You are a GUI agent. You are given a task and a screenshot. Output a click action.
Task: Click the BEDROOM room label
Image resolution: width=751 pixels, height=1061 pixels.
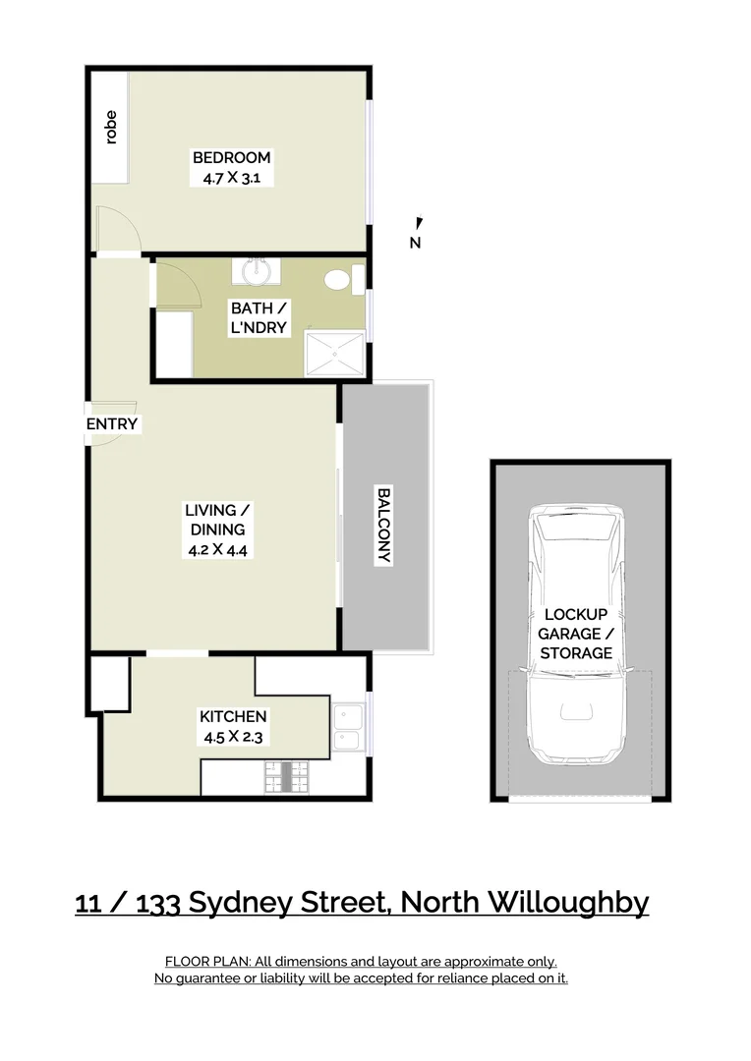pos(231,157)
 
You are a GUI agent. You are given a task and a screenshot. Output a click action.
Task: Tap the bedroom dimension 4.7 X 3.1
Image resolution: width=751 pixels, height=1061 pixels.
pos(231,179)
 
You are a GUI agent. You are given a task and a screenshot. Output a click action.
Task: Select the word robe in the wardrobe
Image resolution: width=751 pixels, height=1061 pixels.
pos(110,127)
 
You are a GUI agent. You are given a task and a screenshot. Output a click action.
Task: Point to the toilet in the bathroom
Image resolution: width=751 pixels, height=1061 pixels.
pos(339,279)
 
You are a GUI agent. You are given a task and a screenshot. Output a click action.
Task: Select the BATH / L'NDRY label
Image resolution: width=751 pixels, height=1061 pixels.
pos(260,318)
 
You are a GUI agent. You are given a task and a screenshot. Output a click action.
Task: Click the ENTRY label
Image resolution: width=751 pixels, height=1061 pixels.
pos(112,424)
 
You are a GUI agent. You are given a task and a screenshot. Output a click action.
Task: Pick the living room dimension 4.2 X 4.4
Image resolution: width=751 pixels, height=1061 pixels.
pos(217,550)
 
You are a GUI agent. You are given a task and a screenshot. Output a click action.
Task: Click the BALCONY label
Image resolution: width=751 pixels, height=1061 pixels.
pos(383,526)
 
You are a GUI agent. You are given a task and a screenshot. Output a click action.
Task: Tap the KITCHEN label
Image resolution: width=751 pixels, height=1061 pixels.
pos(233,717)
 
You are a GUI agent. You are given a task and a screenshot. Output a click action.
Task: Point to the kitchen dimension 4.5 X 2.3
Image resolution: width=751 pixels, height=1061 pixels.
pos(233,738)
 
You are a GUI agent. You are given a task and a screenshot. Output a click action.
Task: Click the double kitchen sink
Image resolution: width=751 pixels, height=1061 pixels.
pos(347,728)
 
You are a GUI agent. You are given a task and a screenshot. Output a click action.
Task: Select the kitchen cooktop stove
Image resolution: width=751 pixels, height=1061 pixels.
pos(287,777)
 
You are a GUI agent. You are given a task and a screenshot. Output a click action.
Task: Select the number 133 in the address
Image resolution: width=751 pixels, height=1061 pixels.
pos(156,902)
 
